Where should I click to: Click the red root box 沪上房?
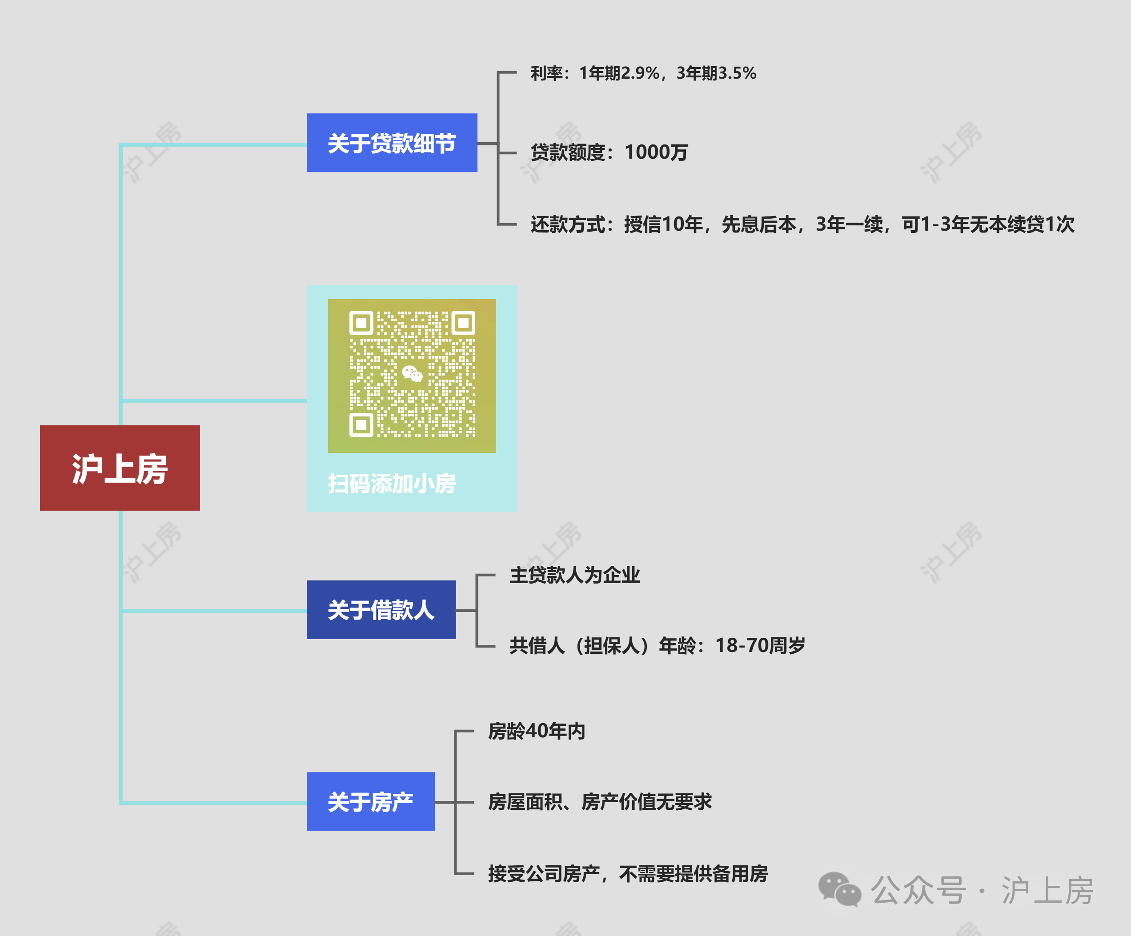point(120,468)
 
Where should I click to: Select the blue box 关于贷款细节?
point(392,143)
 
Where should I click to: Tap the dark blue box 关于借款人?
point(381,610)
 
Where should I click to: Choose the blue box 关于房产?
point(370,801)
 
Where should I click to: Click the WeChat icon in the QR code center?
point(412,373)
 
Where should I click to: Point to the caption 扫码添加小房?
point(392,483)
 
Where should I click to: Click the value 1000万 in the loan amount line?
point(656,152)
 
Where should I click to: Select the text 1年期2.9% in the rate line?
point(619,73)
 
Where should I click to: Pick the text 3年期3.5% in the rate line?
point(716,73)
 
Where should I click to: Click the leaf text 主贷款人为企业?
point(575,575)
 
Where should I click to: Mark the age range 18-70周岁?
point(760,645)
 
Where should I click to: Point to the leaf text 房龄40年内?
point(537,731)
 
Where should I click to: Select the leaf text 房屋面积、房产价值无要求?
point(599,802)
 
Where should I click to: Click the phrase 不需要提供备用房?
point(693,873)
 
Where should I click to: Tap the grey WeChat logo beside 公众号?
point(839,890)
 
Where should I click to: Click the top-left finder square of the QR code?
point(361,323)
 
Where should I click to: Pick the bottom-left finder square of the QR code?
point(361,425)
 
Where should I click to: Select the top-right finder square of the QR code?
point(463,323)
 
